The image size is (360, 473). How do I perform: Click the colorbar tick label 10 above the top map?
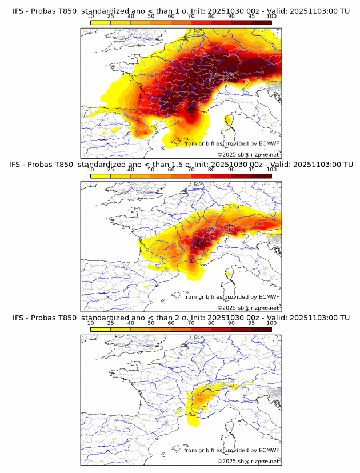pos(90,16)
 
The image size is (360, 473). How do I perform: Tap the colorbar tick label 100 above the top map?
pos(271,16)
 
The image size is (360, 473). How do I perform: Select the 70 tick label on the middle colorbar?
pos(191,170)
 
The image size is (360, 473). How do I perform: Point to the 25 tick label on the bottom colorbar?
pos(110,323)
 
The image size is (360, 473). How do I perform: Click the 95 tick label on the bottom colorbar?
pos(251,323)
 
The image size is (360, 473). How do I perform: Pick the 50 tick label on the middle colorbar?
pos(151,170)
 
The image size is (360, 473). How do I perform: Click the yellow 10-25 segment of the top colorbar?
pos(101,22)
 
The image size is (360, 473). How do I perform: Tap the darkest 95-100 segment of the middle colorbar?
pos(261,176)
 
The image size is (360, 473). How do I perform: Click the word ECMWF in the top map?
pos(269,143)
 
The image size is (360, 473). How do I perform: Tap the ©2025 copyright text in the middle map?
pos(227,308)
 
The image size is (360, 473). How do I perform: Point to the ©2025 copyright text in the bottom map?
pos(227,462)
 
